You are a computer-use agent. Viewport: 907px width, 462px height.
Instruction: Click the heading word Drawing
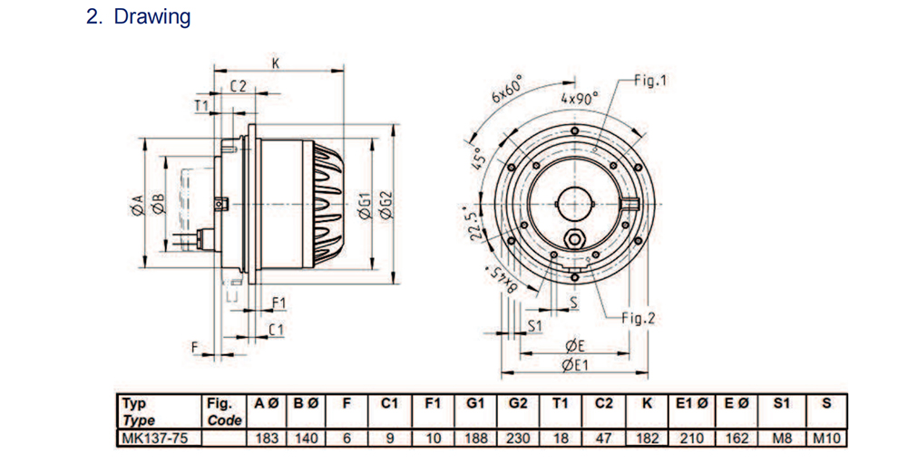pos(151,17)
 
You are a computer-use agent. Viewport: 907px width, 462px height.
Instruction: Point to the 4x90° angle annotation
pos(579,97)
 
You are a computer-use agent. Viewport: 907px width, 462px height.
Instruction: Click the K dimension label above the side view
pos(276,63)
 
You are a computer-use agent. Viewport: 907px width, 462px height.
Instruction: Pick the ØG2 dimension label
pos(386,207)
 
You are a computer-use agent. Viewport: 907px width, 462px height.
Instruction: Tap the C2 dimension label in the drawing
pos(238,87)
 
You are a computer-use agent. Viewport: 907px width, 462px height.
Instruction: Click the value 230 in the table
pos(518,438)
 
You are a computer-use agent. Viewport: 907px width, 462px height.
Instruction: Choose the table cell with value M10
pos(825,438)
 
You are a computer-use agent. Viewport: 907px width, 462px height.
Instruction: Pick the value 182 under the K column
pos(647,438)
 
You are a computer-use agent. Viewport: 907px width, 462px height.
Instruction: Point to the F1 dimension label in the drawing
pos(278,302)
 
